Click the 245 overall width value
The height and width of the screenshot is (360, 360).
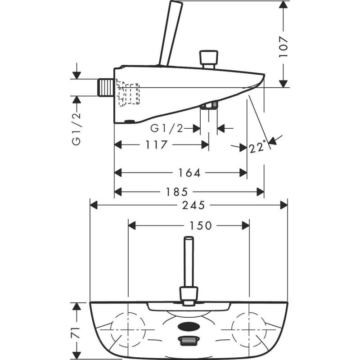194,205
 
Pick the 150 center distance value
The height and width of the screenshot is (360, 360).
200,225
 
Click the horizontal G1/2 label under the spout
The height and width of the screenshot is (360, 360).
166,129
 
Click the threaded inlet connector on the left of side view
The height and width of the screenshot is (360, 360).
105,87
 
